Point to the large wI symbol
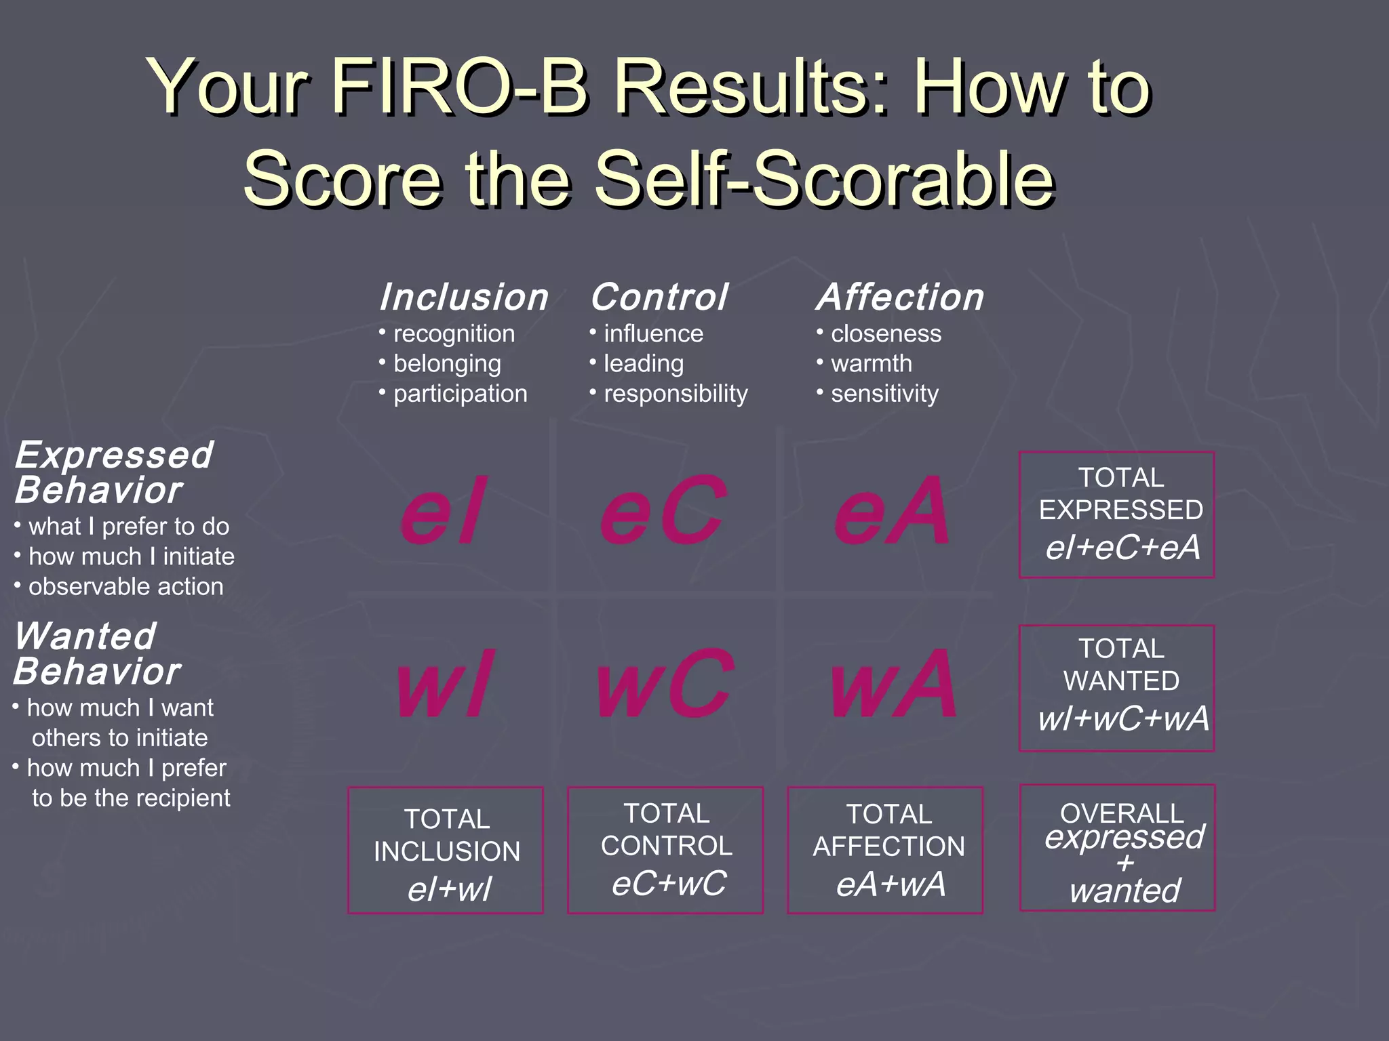point(444,685)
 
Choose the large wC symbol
point(665,685)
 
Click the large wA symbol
point(894,685)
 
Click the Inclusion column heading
point(464,298)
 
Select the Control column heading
point(659,298)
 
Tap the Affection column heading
point(901,298)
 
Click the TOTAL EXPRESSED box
point(1116,514)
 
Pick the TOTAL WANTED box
point(1116,688)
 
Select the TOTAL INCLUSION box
point(446,850)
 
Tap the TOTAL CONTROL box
point(665,850)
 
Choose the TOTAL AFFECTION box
point(885,850)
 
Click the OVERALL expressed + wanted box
point(1117,848)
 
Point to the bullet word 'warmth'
point(872,364)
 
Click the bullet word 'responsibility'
point(676,394)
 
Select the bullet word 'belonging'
point(448,364)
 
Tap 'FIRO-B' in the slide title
point(459,88)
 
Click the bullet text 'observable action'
point(126,587)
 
